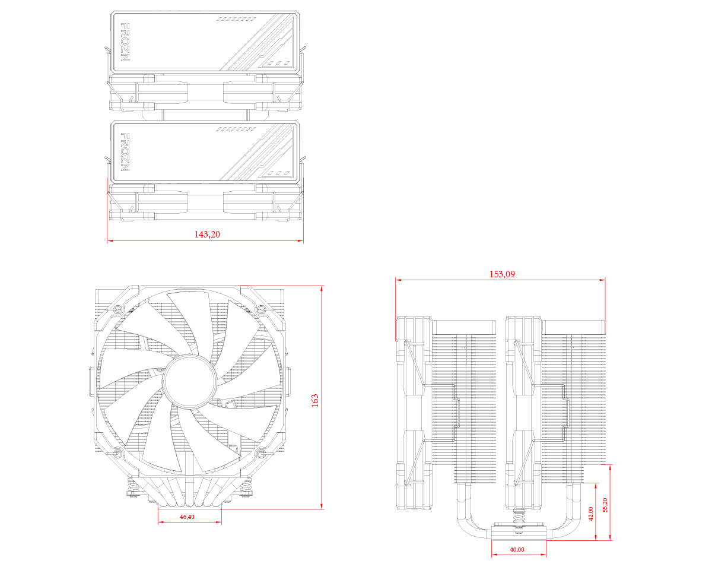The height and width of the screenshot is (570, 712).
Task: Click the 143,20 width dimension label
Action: click(x=207, y=235)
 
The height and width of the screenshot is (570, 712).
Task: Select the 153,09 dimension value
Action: click(x=501, y=274)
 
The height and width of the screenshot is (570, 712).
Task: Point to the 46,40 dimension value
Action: click(x=186, y=517)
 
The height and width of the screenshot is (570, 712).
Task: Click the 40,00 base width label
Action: click(x=517, y=549)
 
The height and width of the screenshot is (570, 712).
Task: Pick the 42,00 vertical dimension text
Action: click(x=590, y=514)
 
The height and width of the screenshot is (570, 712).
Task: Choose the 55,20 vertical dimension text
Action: click(x=605, y=505)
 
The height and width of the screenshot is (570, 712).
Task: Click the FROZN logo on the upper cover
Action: click(x=125, y=43)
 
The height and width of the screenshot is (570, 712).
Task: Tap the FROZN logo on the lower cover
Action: click(x=125, y=153)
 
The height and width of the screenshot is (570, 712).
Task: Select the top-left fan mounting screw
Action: click(x=117, y=309)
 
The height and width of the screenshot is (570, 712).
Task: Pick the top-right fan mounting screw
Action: click(x=260, y=308)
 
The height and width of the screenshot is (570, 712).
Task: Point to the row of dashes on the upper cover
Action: click(x=236, y=19)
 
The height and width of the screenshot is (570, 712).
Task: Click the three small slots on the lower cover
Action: click(x=278, y=172)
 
